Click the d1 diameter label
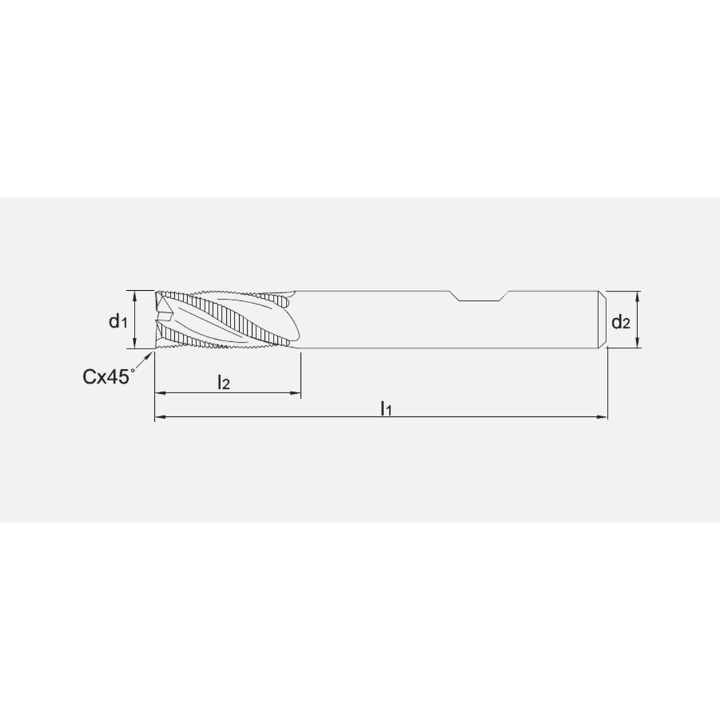click(x=118, y=321)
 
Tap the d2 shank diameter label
click(x=621, y=322)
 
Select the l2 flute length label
click(x=224, y=382)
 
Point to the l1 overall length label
click(x=386, y=408)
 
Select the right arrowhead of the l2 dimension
click(x=295, y=393)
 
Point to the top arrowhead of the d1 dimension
click(x=135, y=294)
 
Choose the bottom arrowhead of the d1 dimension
click(x=135, y=346)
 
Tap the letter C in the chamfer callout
click(x=89, y=376)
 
